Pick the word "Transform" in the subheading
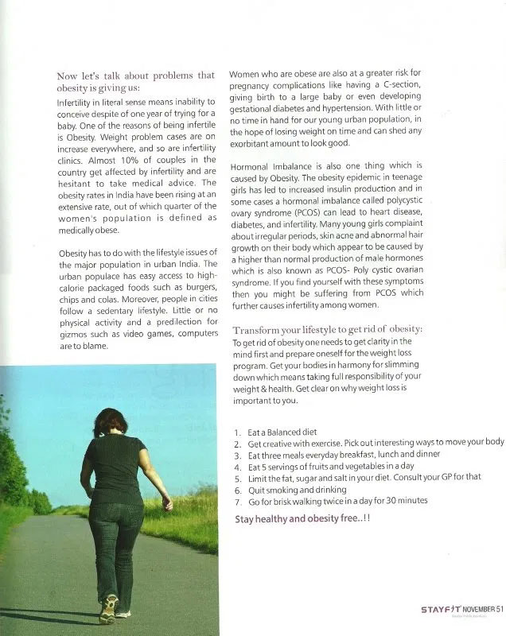point(257,329)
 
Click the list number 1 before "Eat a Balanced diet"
point(238,432)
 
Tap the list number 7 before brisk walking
point(238,500)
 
